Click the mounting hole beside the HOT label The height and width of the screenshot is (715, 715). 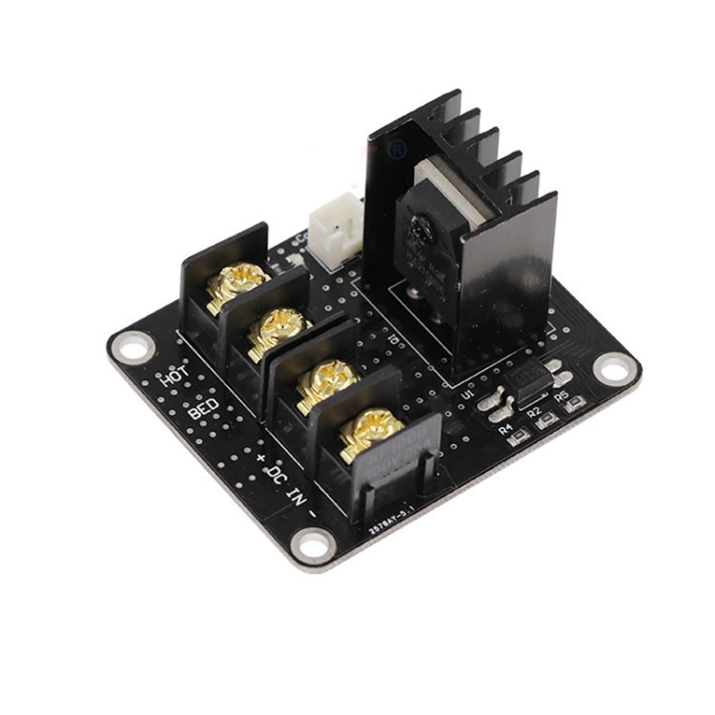point(131,345)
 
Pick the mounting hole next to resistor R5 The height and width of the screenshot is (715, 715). point(615,368)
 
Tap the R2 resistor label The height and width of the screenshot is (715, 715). point(534,412)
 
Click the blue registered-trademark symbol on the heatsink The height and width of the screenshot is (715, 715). point(398,150)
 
